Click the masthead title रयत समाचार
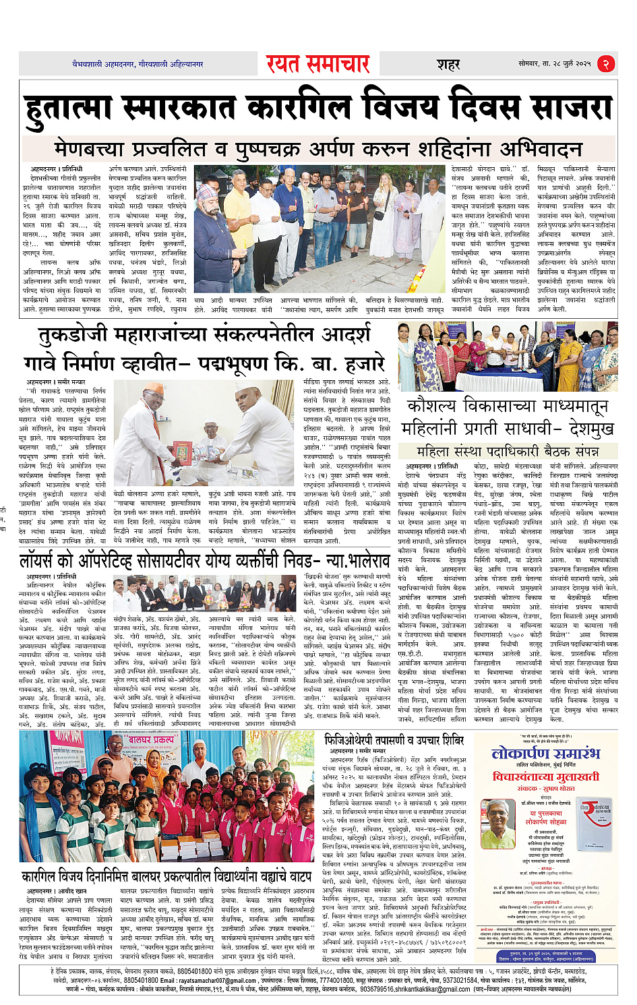(317, 63)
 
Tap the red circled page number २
(606, 63)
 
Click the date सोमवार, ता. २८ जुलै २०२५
(554, 63)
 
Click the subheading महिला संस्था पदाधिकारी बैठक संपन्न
(507, 451)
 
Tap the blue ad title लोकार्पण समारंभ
(545, 752)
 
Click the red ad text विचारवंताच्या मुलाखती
(545, 776)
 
